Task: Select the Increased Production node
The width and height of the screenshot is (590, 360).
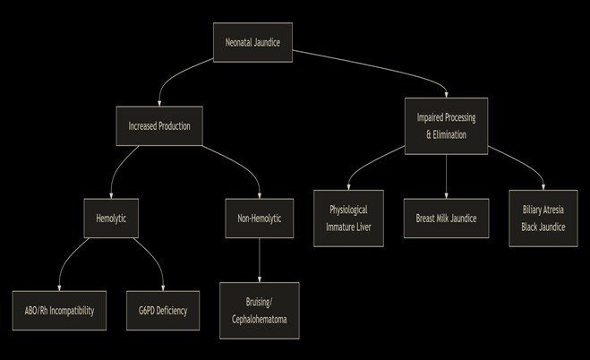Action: coord(160,125)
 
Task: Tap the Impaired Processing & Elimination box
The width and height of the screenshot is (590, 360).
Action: coord(446,125)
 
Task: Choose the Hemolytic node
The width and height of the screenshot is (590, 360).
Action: coord(111,218)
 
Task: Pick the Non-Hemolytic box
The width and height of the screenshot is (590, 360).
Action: coord(259,218)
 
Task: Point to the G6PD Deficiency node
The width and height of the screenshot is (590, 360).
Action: coord(162,311)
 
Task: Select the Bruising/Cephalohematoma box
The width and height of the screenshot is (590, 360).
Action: coord(259,310)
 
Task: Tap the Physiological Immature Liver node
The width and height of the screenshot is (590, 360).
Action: coord(348,218)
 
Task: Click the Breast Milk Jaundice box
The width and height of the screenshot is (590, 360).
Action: coord(446,218)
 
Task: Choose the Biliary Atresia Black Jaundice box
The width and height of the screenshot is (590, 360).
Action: coord(543,218)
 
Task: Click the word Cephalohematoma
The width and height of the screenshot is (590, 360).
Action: coord(259,319)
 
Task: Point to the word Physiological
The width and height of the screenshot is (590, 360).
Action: coord(348,210)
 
